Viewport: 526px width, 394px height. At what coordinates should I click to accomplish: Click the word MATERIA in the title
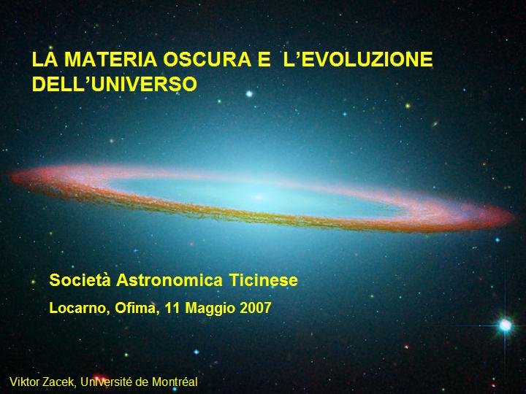tap(111, 59)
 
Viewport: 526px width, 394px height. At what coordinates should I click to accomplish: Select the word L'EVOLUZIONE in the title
tap(358, 59)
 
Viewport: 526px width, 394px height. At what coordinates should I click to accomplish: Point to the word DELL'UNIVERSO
tap(115, 84)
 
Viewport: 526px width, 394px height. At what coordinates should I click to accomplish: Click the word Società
tap(80, 280)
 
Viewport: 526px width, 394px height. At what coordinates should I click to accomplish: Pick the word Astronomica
tap(169, 280)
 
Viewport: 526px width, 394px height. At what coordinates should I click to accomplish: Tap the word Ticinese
tap(264, 280)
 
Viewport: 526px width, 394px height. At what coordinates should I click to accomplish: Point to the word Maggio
tap(210, 309)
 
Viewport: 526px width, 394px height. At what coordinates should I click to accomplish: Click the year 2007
tap(256, 308)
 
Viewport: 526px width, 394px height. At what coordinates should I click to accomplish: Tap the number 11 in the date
tap(172, 308)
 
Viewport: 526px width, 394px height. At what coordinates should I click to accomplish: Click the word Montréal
tap(175, 382)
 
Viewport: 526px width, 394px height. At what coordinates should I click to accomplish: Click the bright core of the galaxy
tap(259, 197)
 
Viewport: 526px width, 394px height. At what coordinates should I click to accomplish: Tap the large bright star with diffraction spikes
tap(506, 325)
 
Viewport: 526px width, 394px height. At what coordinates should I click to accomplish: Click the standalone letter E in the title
tap(264, 59)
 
